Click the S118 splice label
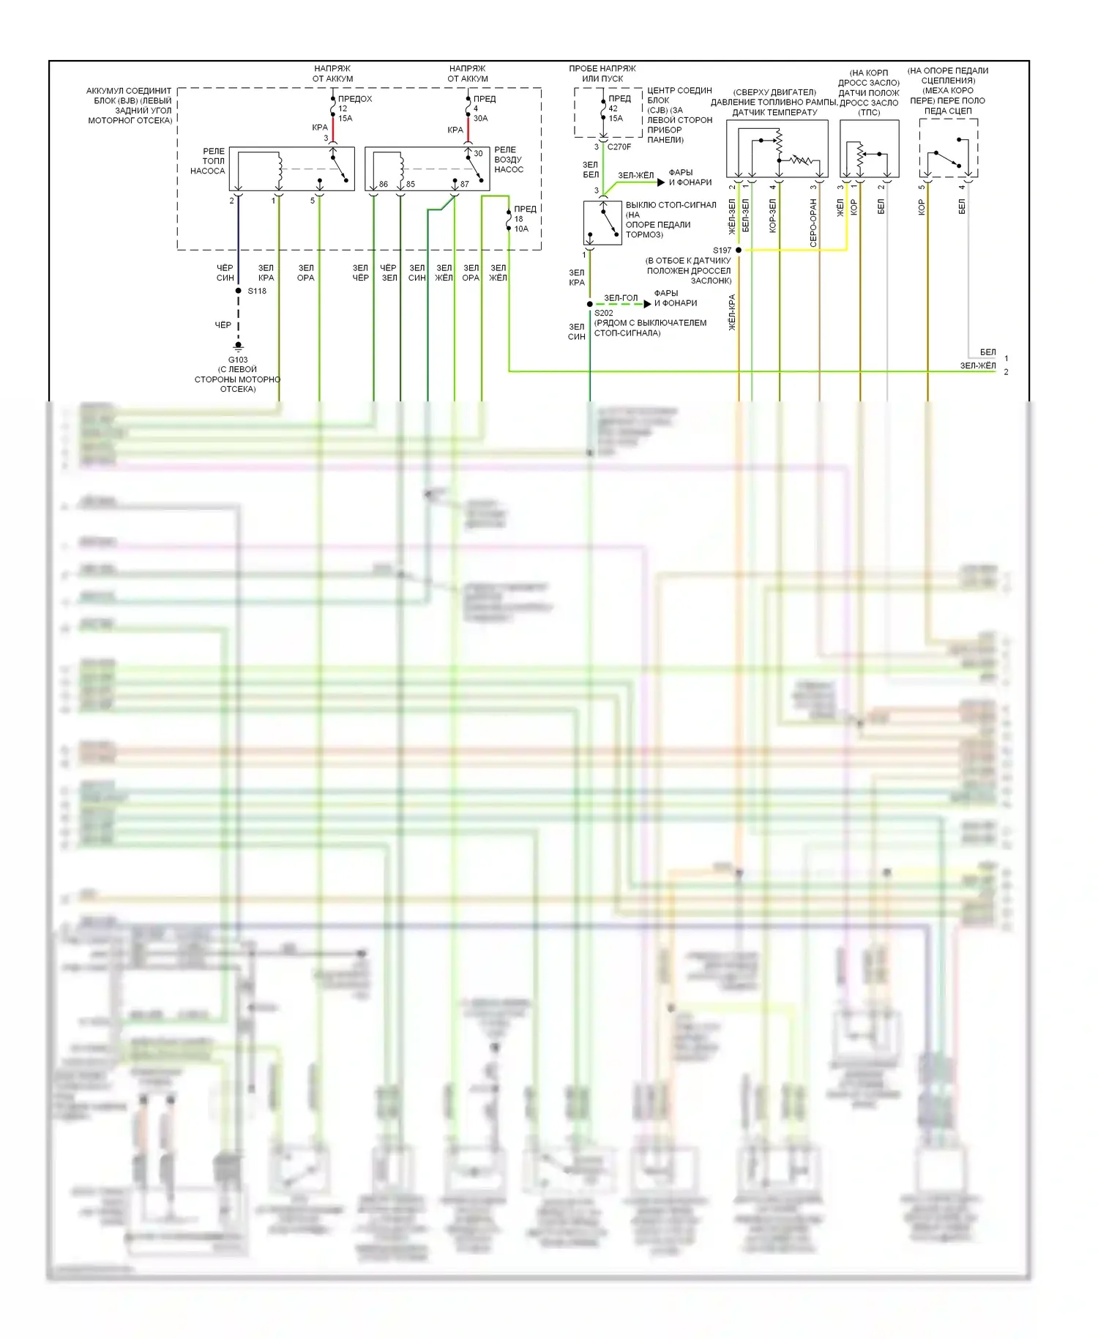click(257, 291)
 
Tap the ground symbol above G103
click(238, 346)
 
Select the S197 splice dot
click(739, 250)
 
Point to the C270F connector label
click(619, 146)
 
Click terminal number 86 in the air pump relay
click(384, 184)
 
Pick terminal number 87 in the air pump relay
click(465, 184)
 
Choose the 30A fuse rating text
click(480, 118)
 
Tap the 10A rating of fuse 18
click(520, 229)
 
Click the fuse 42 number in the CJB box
click(613, 108)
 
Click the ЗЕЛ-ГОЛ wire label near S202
click(621, 297)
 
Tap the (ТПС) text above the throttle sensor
click(869, 112)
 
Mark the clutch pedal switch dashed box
click(948, 148)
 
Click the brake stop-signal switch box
click(602, 223)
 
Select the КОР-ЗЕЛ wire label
click(772, 216)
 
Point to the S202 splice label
click(604, 313)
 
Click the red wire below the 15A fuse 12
click(333, 130)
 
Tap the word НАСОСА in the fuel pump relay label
click(208, 171)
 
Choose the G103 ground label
click(238, 360)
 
